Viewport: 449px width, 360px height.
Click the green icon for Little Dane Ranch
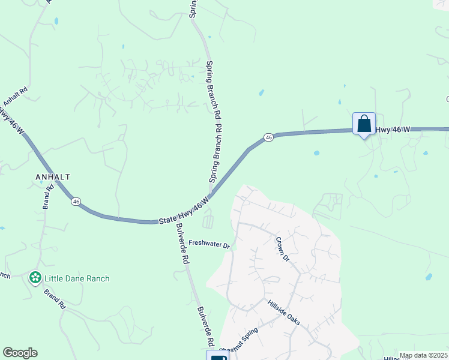[35, 278]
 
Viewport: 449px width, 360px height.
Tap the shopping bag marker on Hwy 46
[364, 124]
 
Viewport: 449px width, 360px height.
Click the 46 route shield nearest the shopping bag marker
[268, 137]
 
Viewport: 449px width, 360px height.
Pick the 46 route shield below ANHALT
[76, 202]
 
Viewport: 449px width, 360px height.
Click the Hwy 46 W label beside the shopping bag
[393, 129]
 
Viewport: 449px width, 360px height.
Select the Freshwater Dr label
[209, 245]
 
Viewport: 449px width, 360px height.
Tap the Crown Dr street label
[282, 249]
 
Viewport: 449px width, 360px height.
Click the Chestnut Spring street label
[238, 340]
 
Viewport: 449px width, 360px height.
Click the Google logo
[20, 353]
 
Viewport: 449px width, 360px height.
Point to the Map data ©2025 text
[423, 355]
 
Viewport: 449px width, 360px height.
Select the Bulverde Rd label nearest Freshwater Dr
[182, 245]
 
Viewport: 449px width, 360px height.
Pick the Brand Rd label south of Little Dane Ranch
[54, 298]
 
